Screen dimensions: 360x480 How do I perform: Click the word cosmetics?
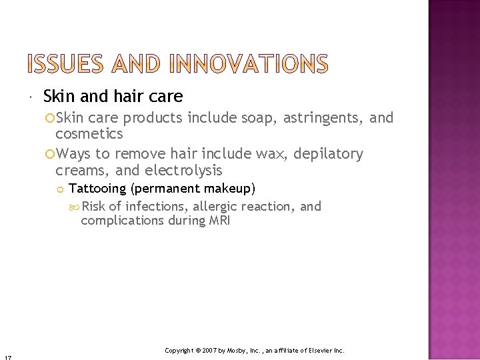pyautogui.click(x=89, y=134)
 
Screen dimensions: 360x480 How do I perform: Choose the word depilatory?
pyautogui.click(x=329, y=155)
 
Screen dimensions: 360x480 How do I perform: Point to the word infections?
pyautogui.click(x=157, y=207)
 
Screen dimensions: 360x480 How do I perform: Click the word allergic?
pyautogui.click(x=215, y=207)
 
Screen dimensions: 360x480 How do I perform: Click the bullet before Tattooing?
pyautogui.click(x=60, y=189)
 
